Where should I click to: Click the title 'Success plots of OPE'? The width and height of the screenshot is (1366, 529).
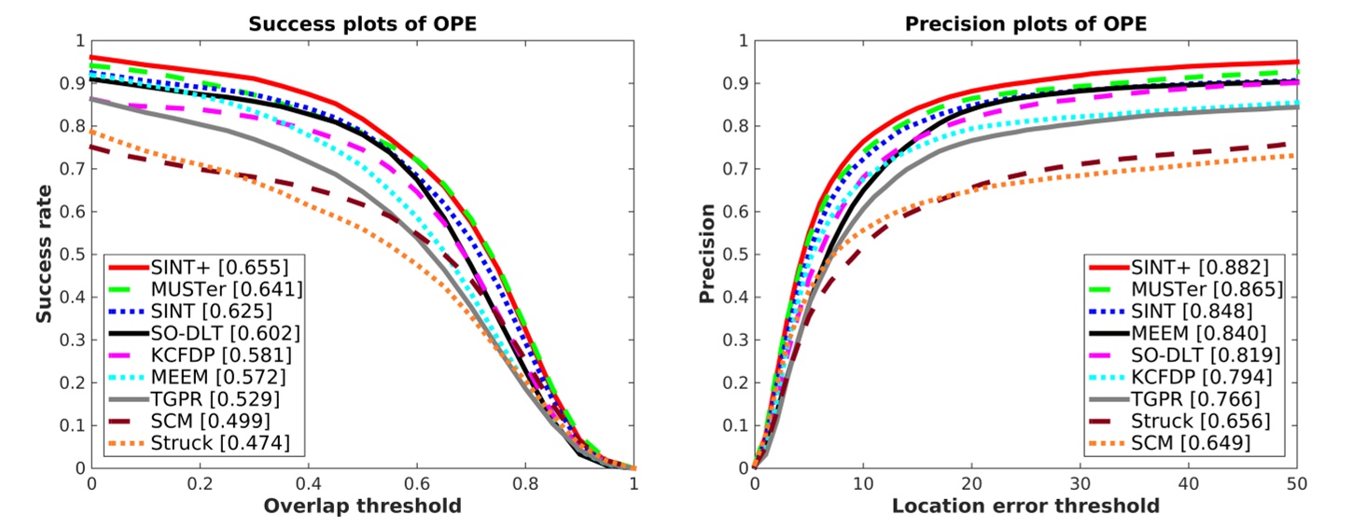click(362, 24)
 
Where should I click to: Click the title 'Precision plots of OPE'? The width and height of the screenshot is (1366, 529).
click(1024, 24)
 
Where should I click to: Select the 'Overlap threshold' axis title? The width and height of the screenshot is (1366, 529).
click(362, 507)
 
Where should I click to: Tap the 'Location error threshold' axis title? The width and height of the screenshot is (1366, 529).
click(1025, 507)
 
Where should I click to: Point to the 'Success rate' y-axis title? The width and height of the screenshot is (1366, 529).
click(44, 254)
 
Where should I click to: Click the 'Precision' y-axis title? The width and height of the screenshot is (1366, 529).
click(707, 254)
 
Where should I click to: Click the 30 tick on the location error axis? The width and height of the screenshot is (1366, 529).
click(1080, 484)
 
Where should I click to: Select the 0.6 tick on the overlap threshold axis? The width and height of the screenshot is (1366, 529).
click(417, 484)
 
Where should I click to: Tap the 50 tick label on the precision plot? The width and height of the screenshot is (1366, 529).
click(1297, 484)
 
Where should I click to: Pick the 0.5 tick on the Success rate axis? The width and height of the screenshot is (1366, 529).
click(71, 255)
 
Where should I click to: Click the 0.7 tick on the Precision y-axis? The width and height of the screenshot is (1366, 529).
click(734, 169)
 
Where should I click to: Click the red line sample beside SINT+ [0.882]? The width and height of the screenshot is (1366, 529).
click(1108, 267)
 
